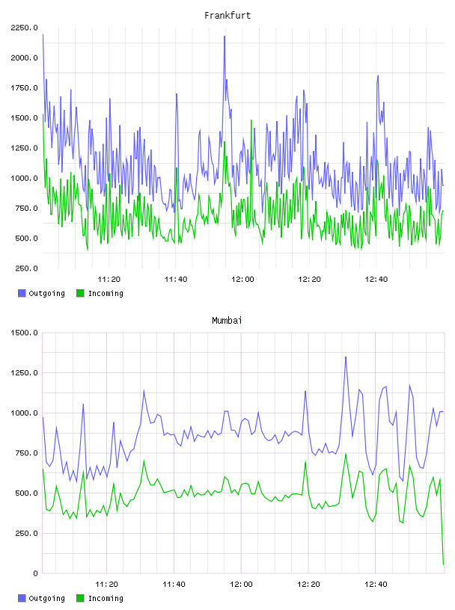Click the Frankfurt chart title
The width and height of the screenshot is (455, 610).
click(x=227, y=16)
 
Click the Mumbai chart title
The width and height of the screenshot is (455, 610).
click(x=227, y=321)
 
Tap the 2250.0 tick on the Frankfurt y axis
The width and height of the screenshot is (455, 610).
click(x=25, y=28)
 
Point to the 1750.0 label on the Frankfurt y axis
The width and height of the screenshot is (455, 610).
click(x=25, y=88)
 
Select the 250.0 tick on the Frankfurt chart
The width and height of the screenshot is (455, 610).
click(x=26, y=268)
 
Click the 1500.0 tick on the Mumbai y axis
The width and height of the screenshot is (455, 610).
click(x=25, y=333)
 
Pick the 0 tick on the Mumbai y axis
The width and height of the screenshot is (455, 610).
click(x=35, y=573)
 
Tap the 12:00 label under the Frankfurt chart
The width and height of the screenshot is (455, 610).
click(x=242, y=279)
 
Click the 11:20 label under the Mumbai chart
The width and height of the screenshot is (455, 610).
click(x=107, y=584)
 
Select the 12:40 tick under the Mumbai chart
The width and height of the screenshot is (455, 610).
click(x=376, y=584)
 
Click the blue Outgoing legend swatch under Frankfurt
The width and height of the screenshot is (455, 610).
click(x=22, y=293)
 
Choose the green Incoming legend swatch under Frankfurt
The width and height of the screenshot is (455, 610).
click(x=80, y=293)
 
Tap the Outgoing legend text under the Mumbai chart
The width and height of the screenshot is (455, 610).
click(x=46, y=598)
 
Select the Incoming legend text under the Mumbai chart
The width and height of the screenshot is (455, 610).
click(x=106, y=598)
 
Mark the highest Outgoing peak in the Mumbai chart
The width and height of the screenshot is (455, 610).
click(x=346, y=357)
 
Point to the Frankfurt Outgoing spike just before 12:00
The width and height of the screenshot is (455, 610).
click(x=225, y=37)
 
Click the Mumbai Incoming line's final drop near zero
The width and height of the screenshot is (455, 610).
click(x=443, y=564)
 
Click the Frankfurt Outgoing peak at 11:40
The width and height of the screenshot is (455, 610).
click(x=177, y=94)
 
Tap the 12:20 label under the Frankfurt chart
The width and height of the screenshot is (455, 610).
click(x=309, y=279)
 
